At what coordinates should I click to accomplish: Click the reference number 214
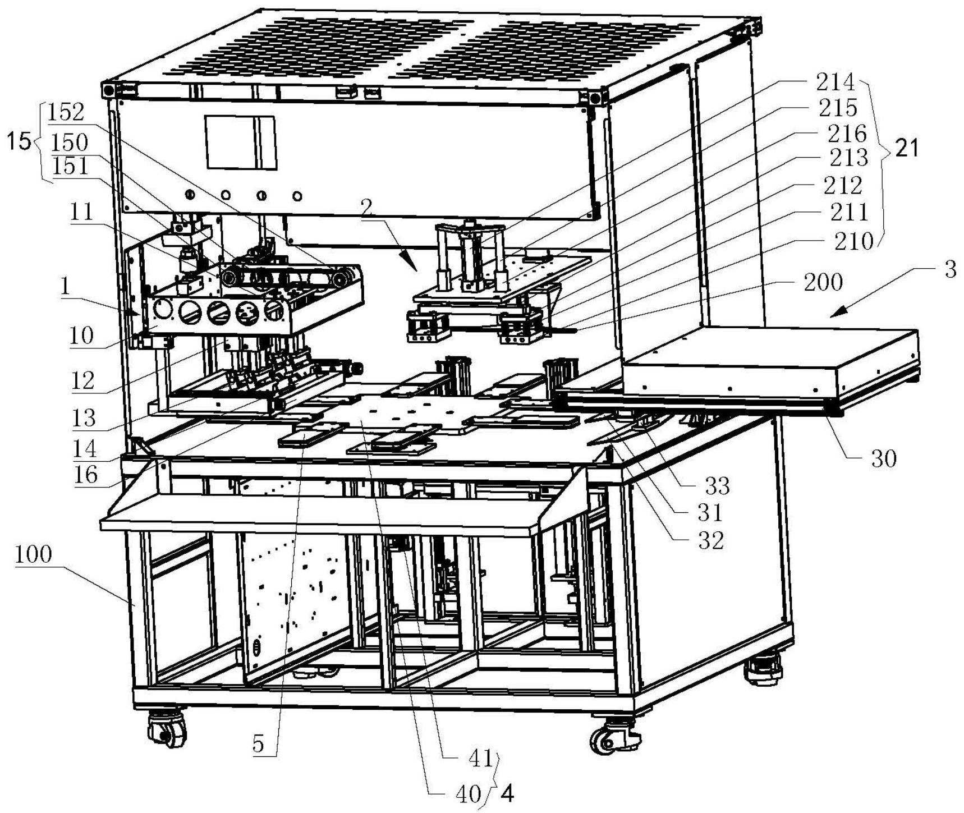click(x=835, y=82)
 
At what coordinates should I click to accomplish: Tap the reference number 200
click(x=823, y=282)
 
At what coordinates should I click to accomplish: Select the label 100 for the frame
click(x=33, y=554)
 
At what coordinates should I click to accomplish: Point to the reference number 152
click(x=66, y=113)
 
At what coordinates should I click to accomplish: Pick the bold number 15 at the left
click(x=19, y=142)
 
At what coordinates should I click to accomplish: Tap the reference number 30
click(x=884, y=459)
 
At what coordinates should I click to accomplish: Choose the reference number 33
click(x=717, y=486)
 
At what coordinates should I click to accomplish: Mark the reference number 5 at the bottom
click(x=258, y=744)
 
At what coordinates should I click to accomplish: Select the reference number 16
click(x=86, y=475)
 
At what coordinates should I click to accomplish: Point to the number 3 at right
click(x=949, y=270)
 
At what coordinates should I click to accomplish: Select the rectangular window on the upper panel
click(x=240, y=143)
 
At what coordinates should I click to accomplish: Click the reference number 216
click(x=847, y=134)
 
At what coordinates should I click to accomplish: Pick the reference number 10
click(x=81, y=336)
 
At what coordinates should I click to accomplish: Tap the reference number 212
click(x=842, y=185)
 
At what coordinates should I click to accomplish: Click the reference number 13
click(x=84, y=418)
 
